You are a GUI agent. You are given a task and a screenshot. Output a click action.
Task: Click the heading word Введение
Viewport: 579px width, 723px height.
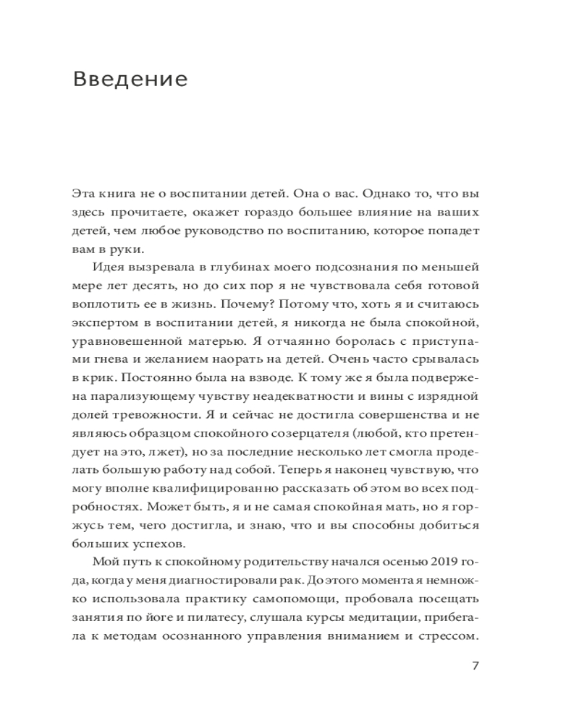[x=130, y=79]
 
